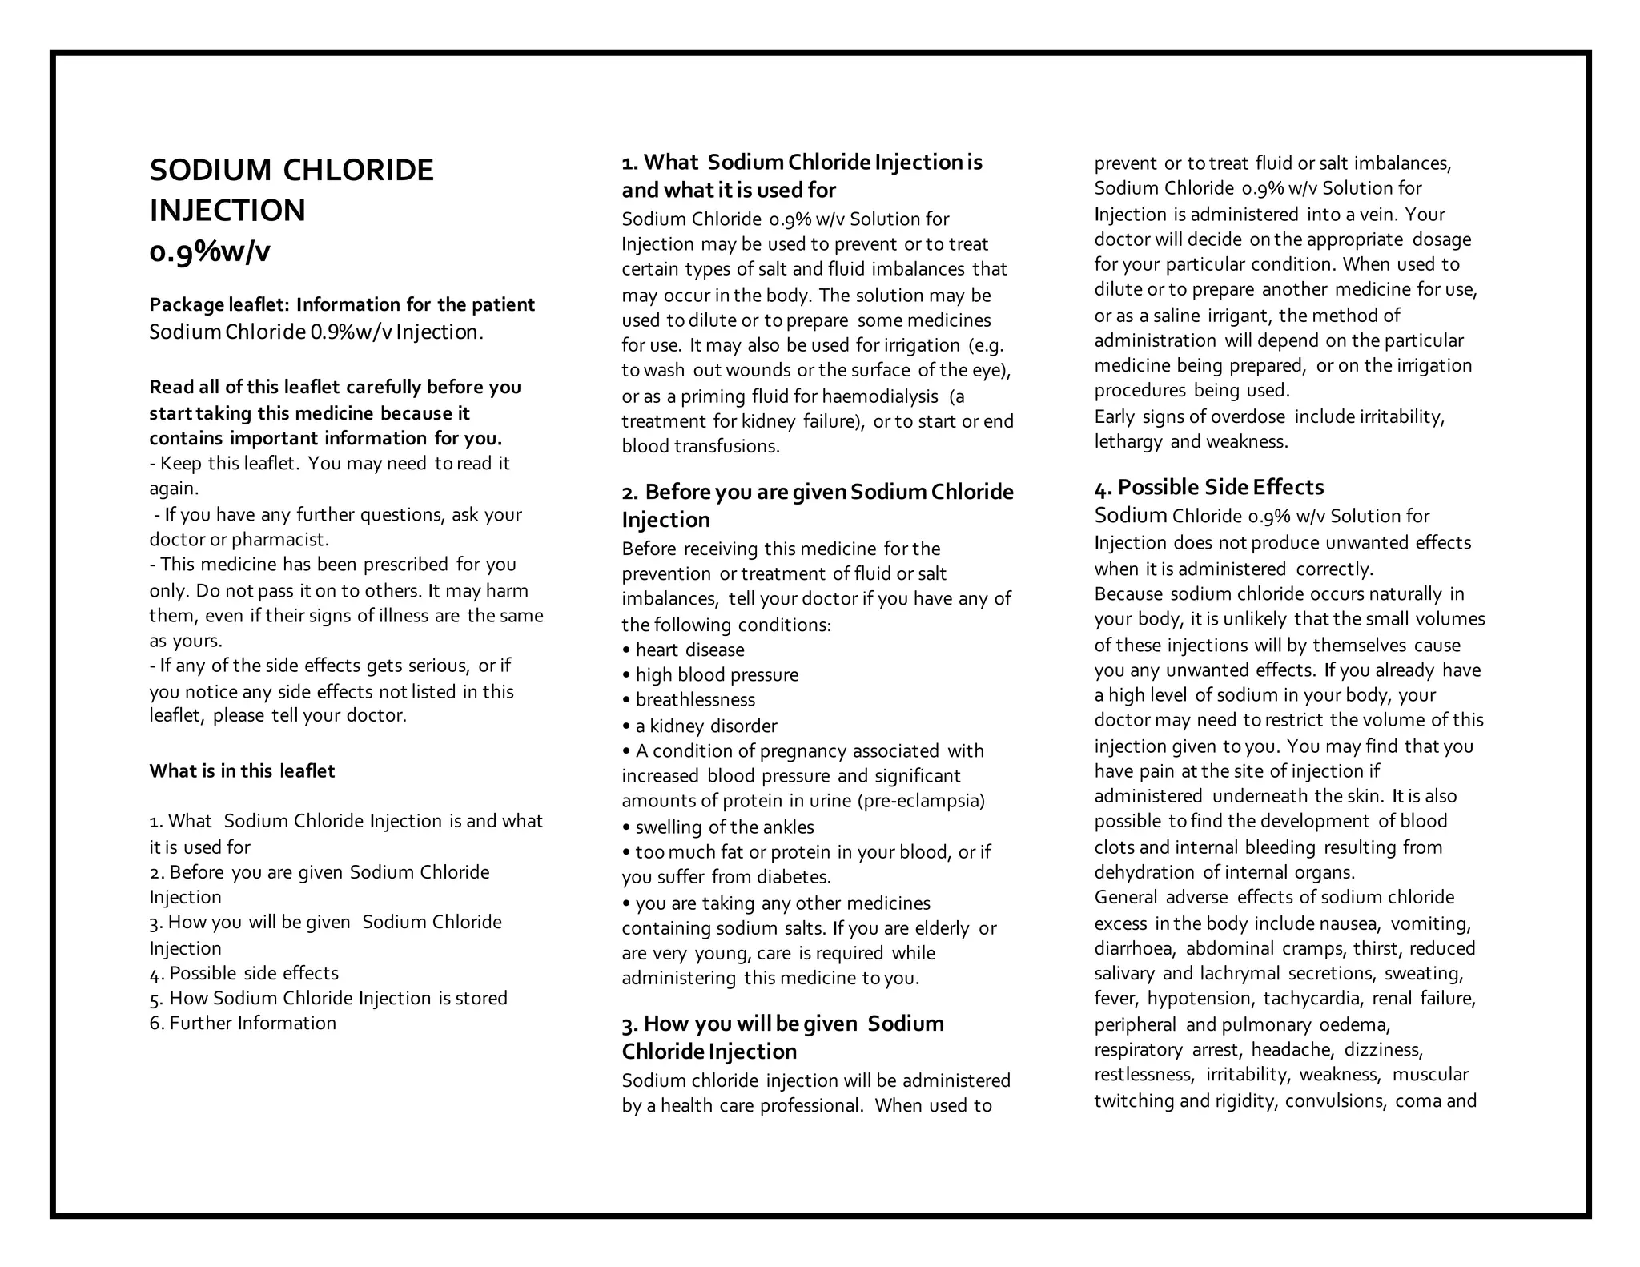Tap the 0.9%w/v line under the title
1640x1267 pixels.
pos(210,252)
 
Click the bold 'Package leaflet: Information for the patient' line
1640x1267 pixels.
pos(342,305)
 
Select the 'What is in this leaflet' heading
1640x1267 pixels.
pos(242,771)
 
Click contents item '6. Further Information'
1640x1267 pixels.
pos(243,1024)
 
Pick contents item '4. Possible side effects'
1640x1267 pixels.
pos(244,973)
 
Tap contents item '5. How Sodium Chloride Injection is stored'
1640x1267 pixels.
pos(328,999)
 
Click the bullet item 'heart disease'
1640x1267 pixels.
pos(689,650)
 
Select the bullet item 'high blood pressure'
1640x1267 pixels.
pos(717,675)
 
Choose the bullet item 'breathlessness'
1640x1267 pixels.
pos(695,700)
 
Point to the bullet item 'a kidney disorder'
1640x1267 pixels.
pos(705,726)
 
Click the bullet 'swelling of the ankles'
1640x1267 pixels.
pos(724,827)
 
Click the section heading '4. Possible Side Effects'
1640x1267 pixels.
pos(1209,488)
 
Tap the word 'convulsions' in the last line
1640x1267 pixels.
pos(1335,1101)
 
